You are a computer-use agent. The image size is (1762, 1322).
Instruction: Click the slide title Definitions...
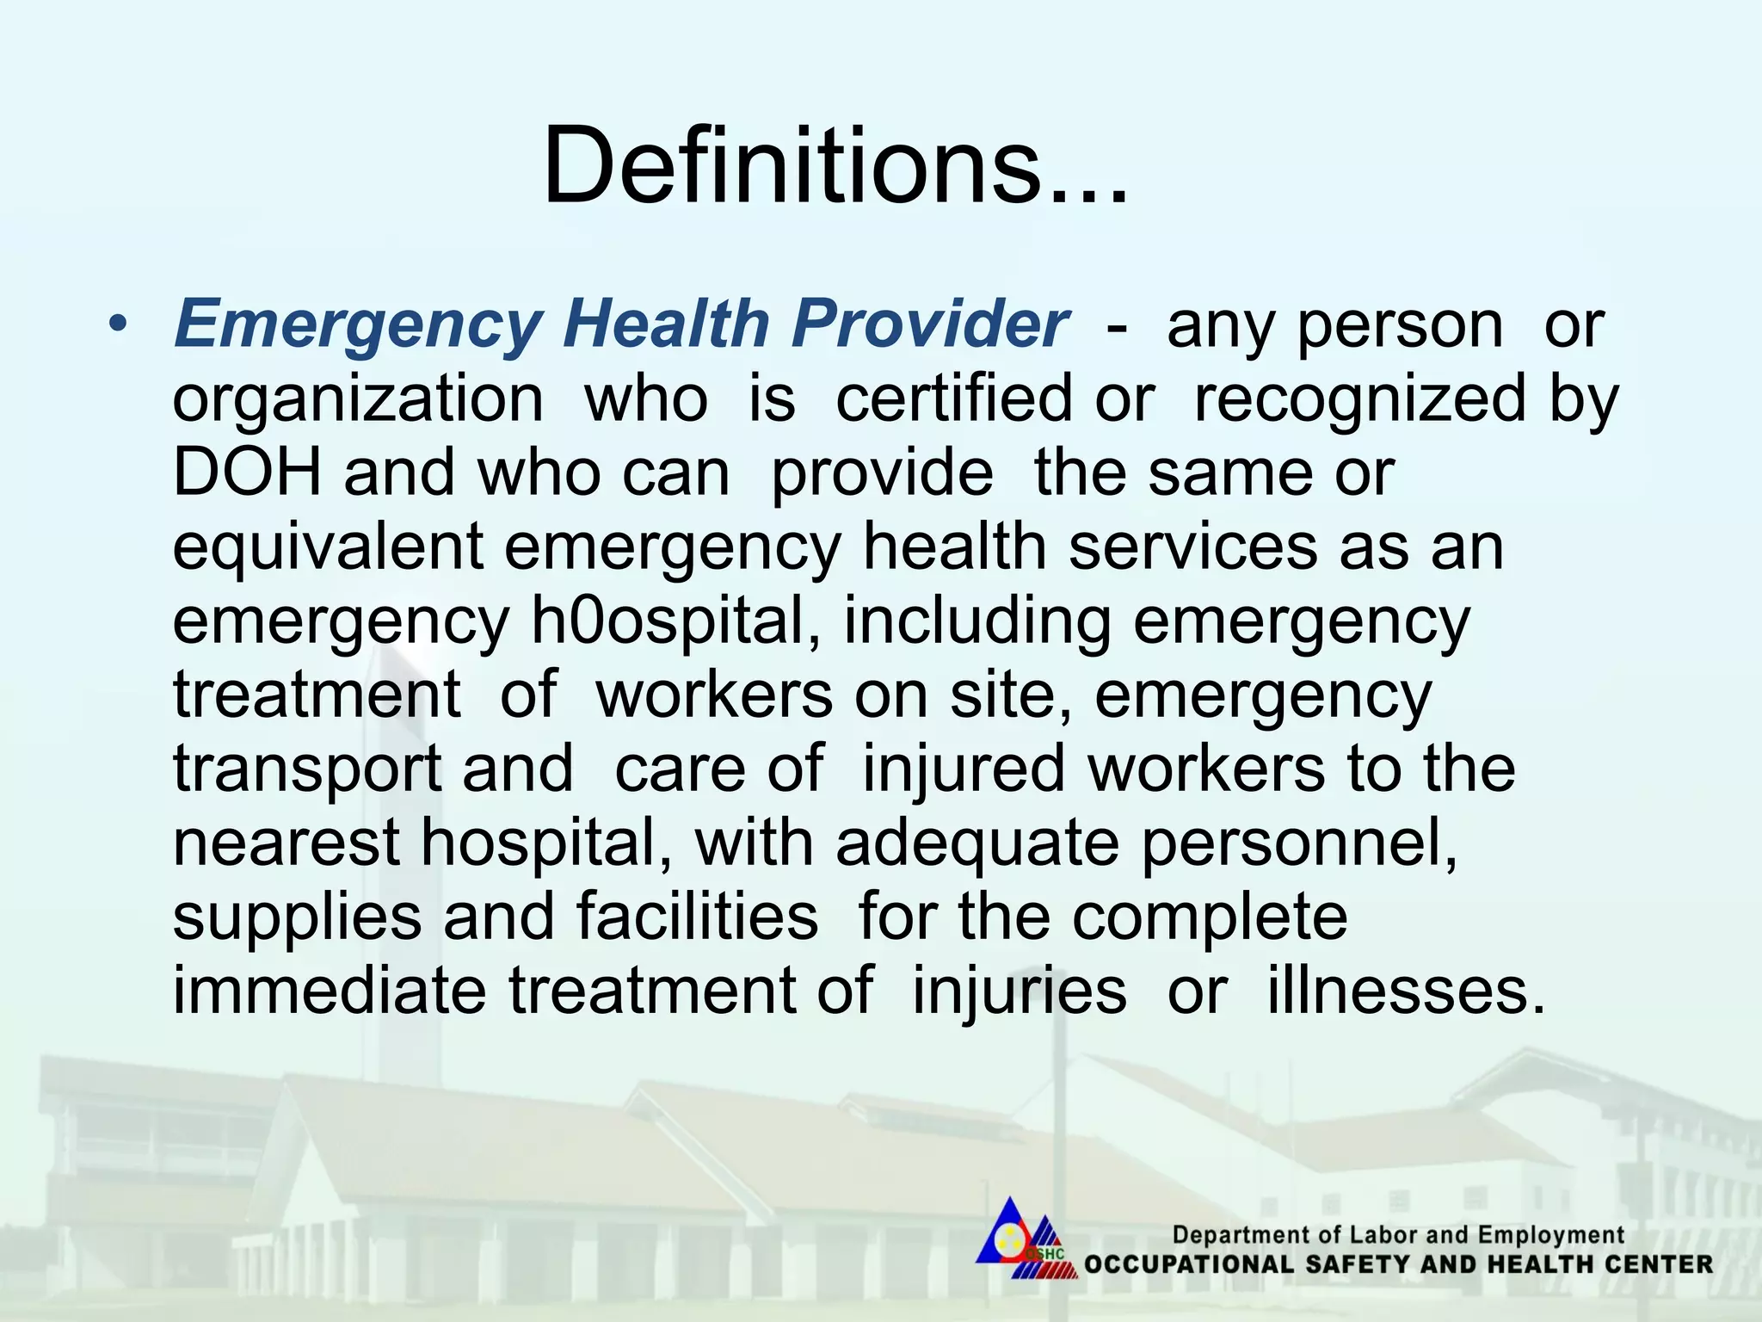(835, 165)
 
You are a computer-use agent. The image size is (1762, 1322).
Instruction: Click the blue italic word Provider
(929, 324)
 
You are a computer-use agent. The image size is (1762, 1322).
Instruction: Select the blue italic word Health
(666, 324)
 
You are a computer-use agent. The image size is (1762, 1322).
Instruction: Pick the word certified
(953, 398)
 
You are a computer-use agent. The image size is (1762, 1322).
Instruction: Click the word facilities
(697, 917)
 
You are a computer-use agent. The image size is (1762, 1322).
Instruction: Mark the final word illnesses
(1406, 991)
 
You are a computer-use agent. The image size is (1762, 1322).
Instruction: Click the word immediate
(330, 991)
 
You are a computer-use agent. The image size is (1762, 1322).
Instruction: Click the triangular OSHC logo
(1024, 1233)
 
